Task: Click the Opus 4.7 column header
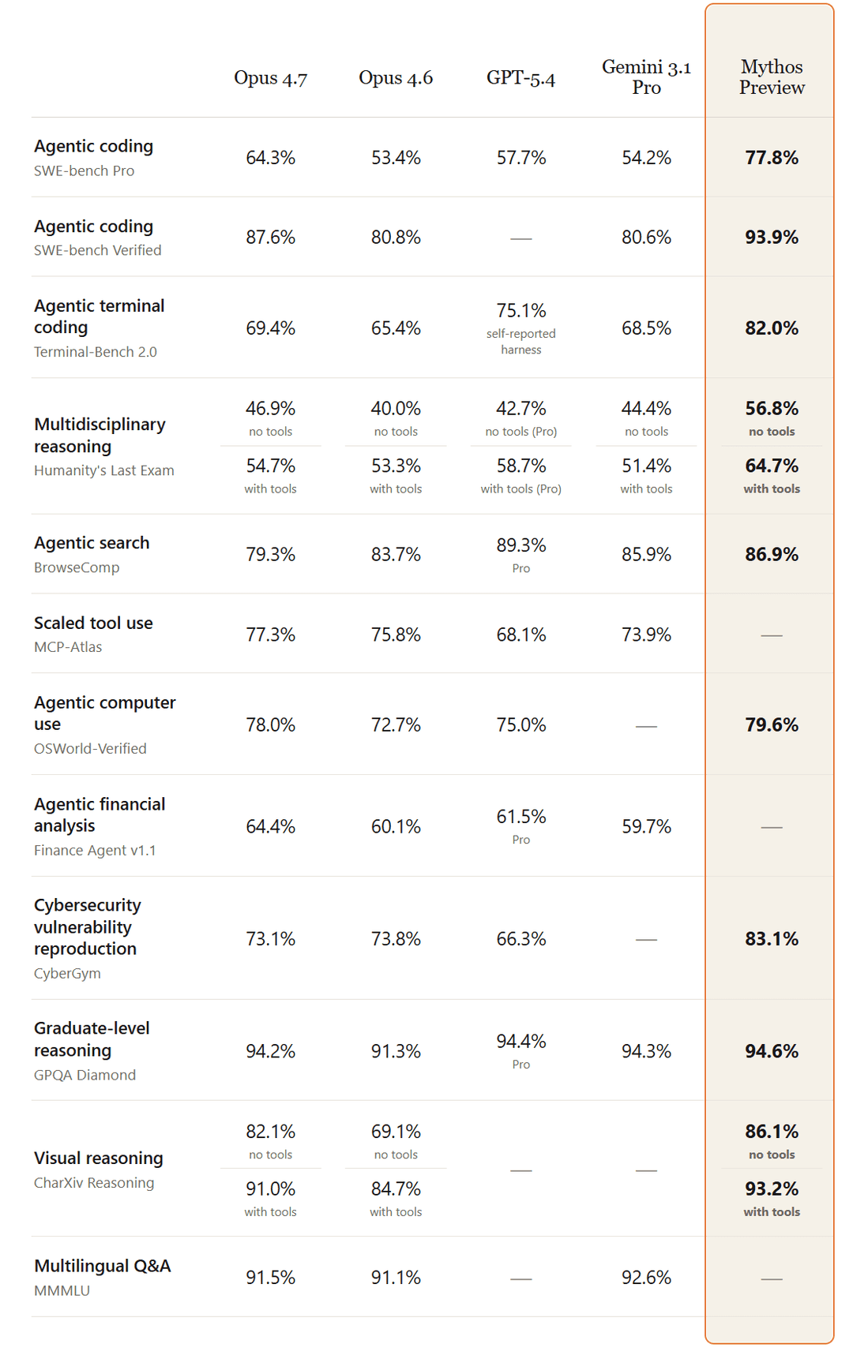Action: click(x=270, y=78)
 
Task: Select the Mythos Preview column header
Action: click(x=772, y=77)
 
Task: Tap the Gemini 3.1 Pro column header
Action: click(x=646, y=77)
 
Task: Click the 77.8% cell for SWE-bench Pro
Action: click(x=772, y=158)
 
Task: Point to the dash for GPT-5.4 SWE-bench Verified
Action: click(x=521, y=238)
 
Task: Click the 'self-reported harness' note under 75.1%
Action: click(x=521, y=342)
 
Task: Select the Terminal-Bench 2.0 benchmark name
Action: click(x=96, y=352)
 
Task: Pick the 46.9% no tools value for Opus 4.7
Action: click(x=270, y=409)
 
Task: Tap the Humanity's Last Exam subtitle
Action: click(x=104, y=470)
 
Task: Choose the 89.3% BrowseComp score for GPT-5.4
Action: click(x=521, y=545)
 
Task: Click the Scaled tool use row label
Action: click(x=93, y=623)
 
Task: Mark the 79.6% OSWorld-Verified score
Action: click(x=772, y=724)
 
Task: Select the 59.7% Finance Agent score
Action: click(x=646, y=826)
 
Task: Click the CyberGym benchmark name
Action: click(x=67, y=973)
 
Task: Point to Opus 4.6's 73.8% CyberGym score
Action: click(x=396, y=939)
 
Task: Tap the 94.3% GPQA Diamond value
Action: click(x=646, y=1051)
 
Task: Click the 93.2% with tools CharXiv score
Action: click(x=772, y=1188)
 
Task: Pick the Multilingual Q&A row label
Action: click(x=103, y=1266)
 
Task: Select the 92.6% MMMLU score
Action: click(x=646, y=1278)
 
